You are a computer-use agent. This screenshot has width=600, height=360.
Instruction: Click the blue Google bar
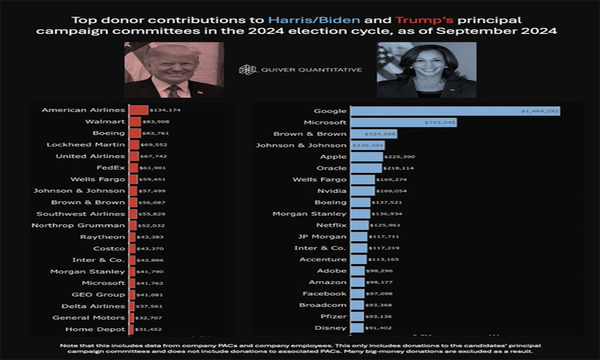tap(455, 111)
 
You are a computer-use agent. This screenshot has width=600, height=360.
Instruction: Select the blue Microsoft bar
tap(403, 122)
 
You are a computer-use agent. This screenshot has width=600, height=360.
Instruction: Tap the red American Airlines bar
tap(138, 110)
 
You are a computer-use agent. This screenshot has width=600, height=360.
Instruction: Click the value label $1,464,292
tap(540, 112)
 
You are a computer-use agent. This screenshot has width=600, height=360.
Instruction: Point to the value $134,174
tap(165, 111)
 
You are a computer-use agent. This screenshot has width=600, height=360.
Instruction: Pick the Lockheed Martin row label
tap(86, 145)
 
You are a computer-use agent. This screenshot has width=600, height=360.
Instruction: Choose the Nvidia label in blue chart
tap(332, 191)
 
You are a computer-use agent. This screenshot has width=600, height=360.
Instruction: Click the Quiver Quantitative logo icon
tap(247, 70)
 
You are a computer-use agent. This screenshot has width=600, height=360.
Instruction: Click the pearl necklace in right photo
tap(428, 84)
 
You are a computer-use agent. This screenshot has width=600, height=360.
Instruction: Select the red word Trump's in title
tap(420, 21)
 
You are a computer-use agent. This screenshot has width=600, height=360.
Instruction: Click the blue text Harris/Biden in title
tap(314, 21)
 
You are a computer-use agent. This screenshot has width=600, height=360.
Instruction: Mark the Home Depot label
tap(95, 330)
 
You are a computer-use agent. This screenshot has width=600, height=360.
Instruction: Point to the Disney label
tap(331, 328)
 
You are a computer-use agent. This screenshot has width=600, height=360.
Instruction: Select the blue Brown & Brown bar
tap(374, 134)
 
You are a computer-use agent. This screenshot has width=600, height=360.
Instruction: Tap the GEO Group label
tap(98, 295)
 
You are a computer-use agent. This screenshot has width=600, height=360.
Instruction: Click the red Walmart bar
tap(135, 122)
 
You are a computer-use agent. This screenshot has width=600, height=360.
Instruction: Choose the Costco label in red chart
tap(109, 248)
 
